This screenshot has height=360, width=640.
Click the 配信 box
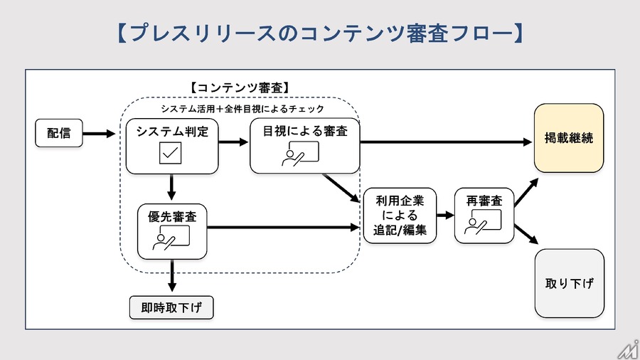(59, 133)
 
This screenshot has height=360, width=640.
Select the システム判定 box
(171, 146)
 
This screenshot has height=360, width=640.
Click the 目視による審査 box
(305, 145)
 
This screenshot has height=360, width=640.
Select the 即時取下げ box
(171, 308)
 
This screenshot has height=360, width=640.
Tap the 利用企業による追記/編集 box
(400, 216)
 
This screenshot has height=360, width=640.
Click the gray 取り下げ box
(569, 282)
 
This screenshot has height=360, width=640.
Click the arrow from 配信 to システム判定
(99, 133)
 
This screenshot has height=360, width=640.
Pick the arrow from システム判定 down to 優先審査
(171, 188)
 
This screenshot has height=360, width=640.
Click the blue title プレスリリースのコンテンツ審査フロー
(319, 34)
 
